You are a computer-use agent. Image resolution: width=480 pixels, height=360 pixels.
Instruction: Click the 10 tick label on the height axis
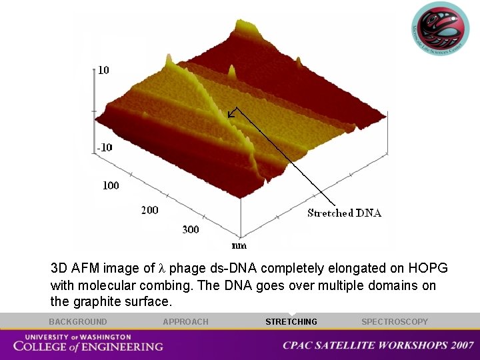point(104,70)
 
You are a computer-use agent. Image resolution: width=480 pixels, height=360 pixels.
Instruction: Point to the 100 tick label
point(111,185)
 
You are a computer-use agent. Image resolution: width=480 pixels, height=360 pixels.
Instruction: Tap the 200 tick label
point(150,210)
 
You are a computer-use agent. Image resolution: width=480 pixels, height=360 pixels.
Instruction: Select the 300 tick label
point(191,229)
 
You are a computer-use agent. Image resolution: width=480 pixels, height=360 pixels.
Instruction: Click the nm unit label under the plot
point(239,245)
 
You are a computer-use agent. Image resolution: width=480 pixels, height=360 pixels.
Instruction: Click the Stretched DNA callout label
point(344,213)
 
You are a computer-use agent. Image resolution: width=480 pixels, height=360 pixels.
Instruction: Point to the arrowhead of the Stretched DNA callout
point(229,116)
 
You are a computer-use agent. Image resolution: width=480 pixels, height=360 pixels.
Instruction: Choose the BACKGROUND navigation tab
point(77,322)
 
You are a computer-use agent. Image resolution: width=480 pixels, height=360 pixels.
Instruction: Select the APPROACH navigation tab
point(185,322)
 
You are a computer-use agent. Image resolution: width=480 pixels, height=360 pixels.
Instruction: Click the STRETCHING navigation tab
point(291,322)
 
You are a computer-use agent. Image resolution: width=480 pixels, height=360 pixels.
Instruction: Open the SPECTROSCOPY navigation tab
point(395,322)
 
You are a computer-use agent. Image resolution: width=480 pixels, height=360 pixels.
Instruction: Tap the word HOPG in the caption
point(430,269)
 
